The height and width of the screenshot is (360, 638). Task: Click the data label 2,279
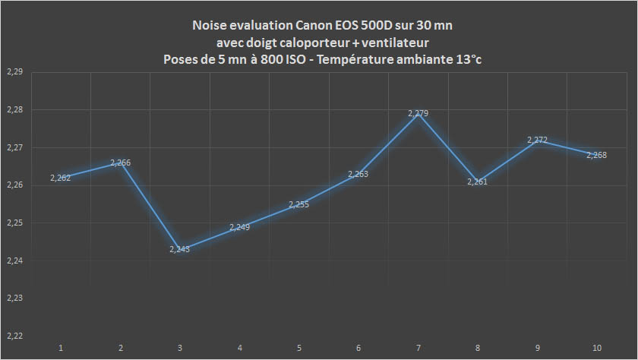[418, 113]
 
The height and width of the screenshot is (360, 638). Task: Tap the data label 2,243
[180, 249]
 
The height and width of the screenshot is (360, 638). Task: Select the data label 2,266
[121, 163]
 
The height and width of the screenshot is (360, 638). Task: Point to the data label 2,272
[538, 141]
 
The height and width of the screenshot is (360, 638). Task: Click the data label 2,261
[477, 182]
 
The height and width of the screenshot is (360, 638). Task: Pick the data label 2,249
[240, 227]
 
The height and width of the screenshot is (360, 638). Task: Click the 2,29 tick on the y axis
[14, 72]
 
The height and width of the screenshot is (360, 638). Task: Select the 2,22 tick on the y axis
[14, 336]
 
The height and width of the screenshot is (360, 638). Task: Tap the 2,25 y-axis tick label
[14, 223]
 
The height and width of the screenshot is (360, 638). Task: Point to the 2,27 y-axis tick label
[14, 147]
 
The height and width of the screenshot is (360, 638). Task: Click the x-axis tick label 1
[61, 348]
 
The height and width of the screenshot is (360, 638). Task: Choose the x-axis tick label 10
[597, 348]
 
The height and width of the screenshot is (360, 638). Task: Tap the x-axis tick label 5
[299, 348]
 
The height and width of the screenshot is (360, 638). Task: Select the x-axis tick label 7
[418, 348]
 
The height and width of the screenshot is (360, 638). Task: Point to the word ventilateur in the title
[394, 43]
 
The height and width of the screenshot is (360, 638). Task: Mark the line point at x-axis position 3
[180, 249]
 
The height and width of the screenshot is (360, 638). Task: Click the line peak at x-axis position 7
[418, 113]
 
